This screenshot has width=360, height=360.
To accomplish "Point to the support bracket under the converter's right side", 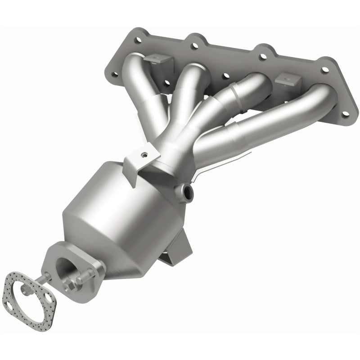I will point(180,245).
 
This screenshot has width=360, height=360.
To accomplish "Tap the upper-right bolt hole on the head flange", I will point(324,70).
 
